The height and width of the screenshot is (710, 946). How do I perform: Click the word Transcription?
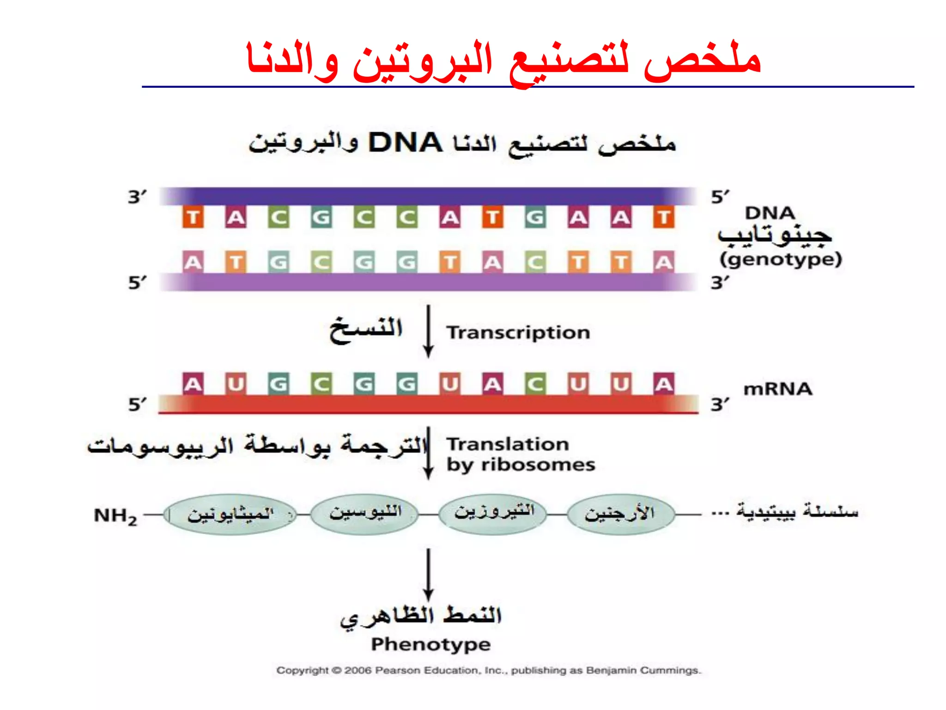[x=518, y=333]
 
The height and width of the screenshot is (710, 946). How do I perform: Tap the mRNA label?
[x=777, y=389]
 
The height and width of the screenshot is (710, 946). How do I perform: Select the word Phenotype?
[x=431, y=644]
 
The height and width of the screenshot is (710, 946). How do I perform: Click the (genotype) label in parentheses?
[x=780, y=259]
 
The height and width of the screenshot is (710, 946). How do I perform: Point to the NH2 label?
[x=115, y=515]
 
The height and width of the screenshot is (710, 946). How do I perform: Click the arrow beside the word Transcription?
[x=428, y=331]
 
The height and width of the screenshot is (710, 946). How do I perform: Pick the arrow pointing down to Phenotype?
[x=428, y=574]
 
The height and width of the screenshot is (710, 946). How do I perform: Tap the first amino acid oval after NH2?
[x=230, y=514]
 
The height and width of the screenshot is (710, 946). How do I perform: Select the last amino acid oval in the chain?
[x=620, y=514]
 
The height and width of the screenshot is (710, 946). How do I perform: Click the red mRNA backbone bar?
[x=428, y=404]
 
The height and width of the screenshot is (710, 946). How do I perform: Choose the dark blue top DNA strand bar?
[x=428, y=196]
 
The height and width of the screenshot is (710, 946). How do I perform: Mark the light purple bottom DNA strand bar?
[x=428, y=282]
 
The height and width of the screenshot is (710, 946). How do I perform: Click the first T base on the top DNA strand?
[x=193, y=217]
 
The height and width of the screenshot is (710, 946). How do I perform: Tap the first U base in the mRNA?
[x=236, y=384]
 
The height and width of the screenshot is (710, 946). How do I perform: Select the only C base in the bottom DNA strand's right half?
[x=535, y=263]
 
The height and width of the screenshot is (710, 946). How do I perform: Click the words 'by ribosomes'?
[x=521, y=465]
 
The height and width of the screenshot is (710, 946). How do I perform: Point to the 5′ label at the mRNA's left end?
[x=137, y=404]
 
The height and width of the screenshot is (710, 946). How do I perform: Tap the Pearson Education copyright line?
[x=489, y=670]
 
